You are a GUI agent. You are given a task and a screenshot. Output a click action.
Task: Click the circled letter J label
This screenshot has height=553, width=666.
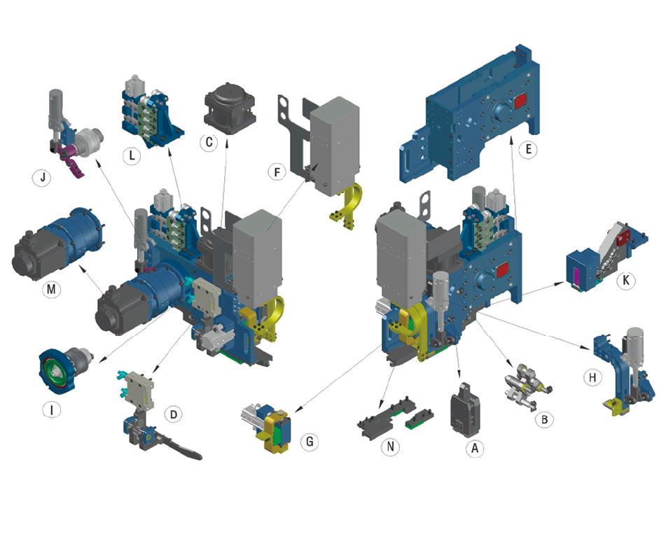tap(43, 177)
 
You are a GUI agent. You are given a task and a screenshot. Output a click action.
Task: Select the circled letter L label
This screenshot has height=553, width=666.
tap(132, 156)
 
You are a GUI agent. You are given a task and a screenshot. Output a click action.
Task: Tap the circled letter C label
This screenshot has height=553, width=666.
tap(209, 142)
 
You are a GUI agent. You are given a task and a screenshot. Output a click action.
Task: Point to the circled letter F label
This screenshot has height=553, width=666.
tap(277, 172)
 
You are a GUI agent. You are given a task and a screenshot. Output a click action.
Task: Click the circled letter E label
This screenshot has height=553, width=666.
tap(528, 149)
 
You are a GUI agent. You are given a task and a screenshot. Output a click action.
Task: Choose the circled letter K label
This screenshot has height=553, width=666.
tap(625, 281)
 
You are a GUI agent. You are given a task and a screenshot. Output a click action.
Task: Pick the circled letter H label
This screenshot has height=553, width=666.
tap(592, 377)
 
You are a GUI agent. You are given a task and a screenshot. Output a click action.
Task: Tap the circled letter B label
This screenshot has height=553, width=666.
tap(544, 420)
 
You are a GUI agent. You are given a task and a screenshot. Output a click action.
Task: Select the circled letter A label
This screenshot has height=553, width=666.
tap(474, 448)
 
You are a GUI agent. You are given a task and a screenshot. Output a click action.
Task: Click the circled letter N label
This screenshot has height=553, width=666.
tap(390, 447)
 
